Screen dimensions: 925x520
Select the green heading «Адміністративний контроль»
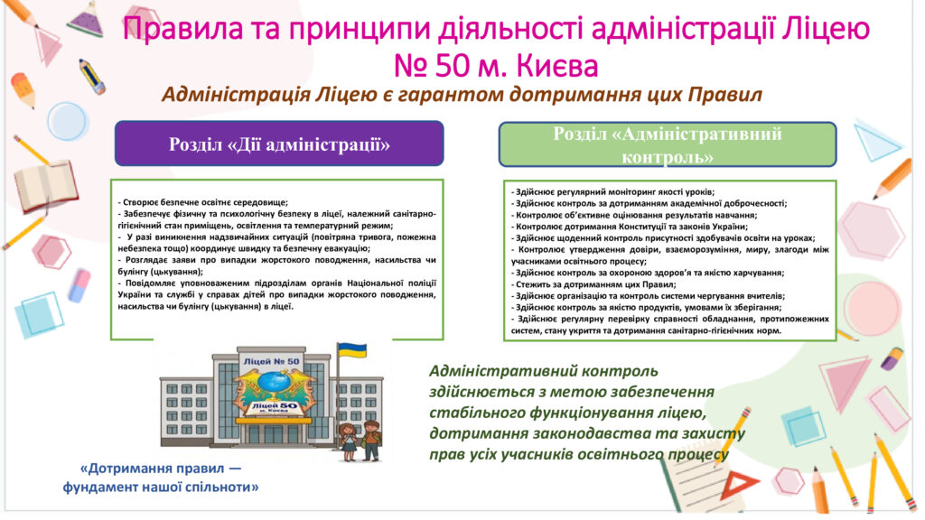pyautogui.click(x=668, y=145)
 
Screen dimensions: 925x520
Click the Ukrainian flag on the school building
pyautogui.click(x=352, y=351)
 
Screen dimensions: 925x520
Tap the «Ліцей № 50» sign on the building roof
pyautogui.click(x=271, y=361)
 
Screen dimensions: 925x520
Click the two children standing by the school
pyautogui.click(x=360, y=441)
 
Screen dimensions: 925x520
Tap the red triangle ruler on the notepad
pyautogui.click(x=739, y=485)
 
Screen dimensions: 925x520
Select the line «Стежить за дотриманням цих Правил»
pyautogui.click(x=593, y=284)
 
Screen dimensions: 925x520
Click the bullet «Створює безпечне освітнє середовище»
pyautogui.click(x=203, y=202)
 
